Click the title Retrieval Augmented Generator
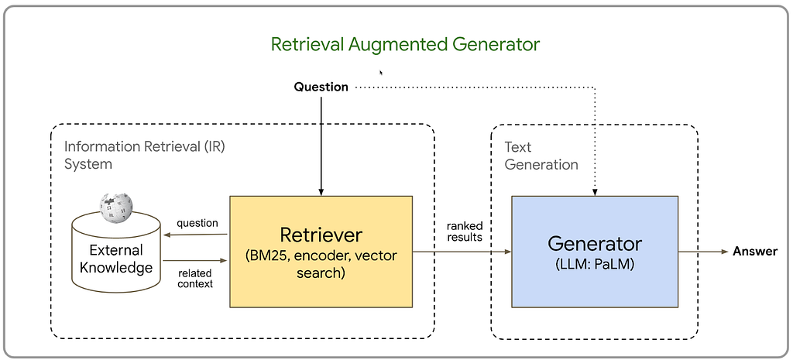[405, 44]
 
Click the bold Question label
[321, 87]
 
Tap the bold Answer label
[755, 252]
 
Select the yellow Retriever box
[321, 252]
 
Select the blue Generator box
[595, 252]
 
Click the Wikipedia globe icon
[116, 207]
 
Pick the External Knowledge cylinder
[116, 253]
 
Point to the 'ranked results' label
[465, 231]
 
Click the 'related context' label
[195, 279]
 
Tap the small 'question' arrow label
[197, 223]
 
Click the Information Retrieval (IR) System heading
[145, 155]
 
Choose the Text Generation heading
[541, 156]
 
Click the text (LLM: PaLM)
[595, 265]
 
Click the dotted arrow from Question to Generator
[595, 88]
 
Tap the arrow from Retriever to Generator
[462, 252]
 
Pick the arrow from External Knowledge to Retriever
[195, 260]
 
